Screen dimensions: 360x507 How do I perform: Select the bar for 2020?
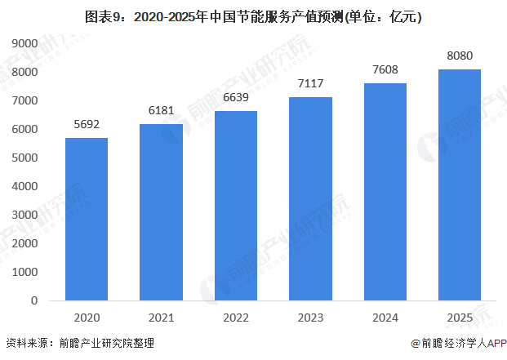87,219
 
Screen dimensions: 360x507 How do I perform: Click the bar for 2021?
161,212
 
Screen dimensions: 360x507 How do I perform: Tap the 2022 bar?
236,206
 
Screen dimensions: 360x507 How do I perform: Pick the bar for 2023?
310,198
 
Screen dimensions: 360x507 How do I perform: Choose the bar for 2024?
385,192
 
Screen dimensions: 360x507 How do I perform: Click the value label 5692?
87,126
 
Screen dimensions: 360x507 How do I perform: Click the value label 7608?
385,70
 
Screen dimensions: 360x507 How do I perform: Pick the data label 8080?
460,56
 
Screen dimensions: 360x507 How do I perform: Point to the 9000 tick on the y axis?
28,43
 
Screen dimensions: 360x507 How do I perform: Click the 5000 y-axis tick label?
28,158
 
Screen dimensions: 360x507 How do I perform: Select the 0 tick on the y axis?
34,300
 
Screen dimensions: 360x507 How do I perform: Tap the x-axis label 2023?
310,317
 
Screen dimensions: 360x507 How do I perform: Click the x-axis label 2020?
87,317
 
